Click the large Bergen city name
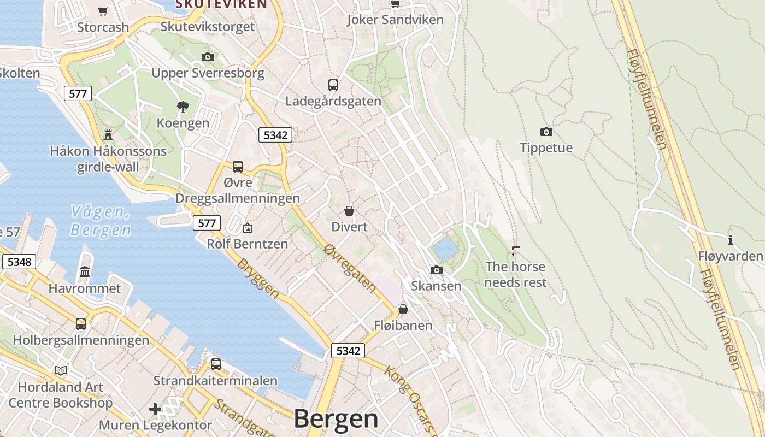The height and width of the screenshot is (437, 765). [x=336, y=419]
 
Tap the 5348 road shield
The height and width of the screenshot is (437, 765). [x=20, y=262]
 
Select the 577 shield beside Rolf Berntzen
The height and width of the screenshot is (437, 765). [x=207, y=223]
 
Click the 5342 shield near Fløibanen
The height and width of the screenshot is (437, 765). [x=348, y=351]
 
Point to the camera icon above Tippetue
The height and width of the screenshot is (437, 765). [x=546, y=132]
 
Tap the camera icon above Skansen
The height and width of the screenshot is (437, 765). [x=436, y=270]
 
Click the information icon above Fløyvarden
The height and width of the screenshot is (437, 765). [x=730, y=240]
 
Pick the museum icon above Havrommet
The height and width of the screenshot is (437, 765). [x=85, y=271]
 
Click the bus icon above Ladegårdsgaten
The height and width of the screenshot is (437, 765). [x=333, y=85]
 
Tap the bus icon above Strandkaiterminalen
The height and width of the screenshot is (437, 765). [x=216, y=364]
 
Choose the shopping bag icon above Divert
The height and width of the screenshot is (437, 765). [x=349, y=210]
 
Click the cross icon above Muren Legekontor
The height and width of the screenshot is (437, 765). [x=155, y=409]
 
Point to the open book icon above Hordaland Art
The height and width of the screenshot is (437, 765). [x=61, y=370]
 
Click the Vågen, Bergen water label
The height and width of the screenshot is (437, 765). [x=101, y=220]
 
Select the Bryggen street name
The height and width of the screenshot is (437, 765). [x=258, y=278]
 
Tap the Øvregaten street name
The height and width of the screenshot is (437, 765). [x=350, y=268]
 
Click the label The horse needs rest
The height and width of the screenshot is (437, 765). [x=515, y=274]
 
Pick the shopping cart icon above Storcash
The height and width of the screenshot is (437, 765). [x=103, y=11]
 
